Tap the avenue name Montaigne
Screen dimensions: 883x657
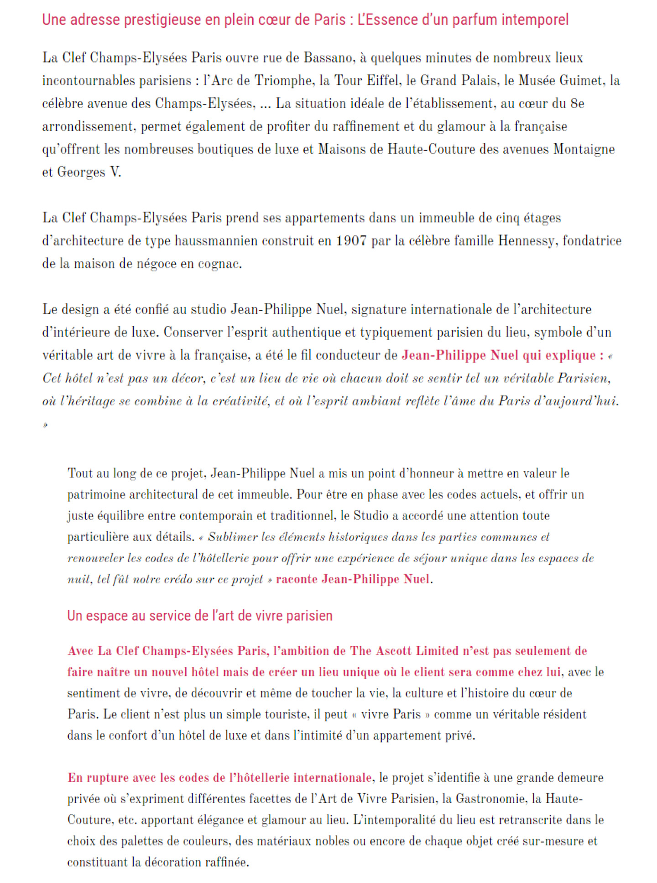[x=584, y=149]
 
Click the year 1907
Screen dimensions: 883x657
[x=351, y=241]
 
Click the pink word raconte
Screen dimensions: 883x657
[x=297, y=579]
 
